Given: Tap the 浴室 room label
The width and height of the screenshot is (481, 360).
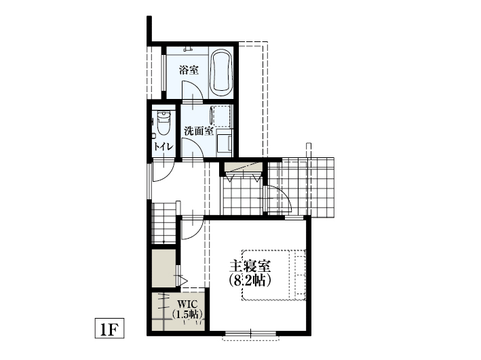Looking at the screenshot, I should pyautogui.click(x=189, y=70).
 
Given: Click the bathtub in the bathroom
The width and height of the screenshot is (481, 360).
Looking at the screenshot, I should pyautogui.click(x=221, y=73).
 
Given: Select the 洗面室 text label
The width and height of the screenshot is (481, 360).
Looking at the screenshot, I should pyautogui.click(x=198, y=131).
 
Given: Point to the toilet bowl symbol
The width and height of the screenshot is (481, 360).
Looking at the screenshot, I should pyautogui.click(x=163, y=123).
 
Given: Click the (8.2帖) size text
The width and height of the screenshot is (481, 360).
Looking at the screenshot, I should pyautogui.click(x=250, y=279).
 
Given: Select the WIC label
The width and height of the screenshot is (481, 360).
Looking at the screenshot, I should pyautogui.click(x=187, y=304).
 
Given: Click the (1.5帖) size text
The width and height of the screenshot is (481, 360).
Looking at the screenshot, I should pyautogui.click(x=186, y=314).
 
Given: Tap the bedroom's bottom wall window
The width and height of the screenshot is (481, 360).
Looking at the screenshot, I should pyautogui.click(x=250, y=332).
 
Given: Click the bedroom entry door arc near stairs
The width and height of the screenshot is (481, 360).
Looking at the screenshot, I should pyautogui.click(x=191, y=228).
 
